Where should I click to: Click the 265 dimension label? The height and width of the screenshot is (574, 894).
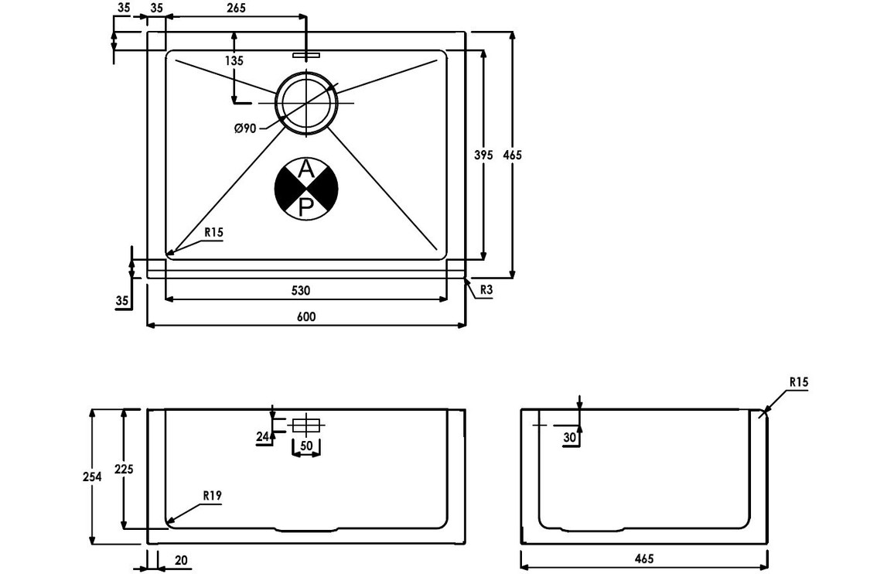point(236,9)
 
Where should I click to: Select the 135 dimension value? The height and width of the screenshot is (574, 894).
point(234,60)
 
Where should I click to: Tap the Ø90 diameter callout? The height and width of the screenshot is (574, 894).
point(245,128)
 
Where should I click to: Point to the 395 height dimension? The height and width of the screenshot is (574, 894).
point(483,155)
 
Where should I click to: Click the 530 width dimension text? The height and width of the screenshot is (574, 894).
point(301,291)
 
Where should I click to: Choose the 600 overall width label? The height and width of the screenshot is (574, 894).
point(306,316)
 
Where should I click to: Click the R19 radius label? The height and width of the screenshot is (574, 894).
point(213,496)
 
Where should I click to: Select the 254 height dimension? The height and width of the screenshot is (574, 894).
point(92,477)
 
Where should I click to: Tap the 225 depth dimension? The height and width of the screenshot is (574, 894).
point(123,469)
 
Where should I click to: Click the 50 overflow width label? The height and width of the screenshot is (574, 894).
point(306,446)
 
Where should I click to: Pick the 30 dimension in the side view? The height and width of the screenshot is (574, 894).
point(570,438)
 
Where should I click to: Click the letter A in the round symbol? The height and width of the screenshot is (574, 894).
point(306,169)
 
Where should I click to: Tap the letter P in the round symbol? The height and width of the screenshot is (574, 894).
point(306,206)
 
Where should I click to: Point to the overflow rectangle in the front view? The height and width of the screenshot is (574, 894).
point(306,425)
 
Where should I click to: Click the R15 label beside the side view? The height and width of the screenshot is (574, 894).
point(799,382)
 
